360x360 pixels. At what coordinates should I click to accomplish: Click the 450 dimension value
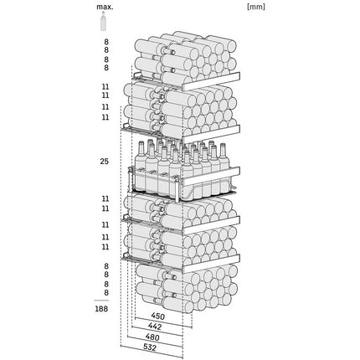pos(157,316)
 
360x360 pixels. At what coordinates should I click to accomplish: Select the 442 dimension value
pos(155,326)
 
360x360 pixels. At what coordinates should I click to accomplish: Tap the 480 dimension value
pos(152,337)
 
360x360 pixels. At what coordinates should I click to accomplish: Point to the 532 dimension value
pos(150,347)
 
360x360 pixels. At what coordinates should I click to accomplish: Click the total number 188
pos(101,309)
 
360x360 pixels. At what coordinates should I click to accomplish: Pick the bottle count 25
pos(104,162)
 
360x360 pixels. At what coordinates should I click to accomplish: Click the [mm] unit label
pos(256,7)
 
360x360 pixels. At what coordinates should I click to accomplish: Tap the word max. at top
pos(105,7)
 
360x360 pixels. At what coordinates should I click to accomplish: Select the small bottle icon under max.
pos(103,21)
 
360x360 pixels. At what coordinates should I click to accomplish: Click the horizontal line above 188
pos(101,301)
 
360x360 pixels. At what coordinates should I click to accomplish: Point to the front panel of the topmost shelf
pos(211,81)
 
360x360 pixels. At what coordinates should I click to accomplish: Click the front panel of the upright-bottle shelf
pos(211,177)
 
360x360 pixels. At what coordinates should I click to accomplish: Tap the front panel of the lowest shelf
pos(211,264)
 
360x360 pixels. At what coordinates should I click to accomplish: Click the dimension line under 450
pos(163,322)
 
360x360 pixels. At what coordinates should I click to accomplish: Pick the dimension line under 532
pos(152,352)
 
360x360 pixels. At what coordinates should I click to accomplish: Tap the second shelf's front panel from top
pos(211,134)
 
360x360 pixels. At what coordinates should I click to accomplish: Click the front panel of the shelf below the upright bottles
pos(211,225)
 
